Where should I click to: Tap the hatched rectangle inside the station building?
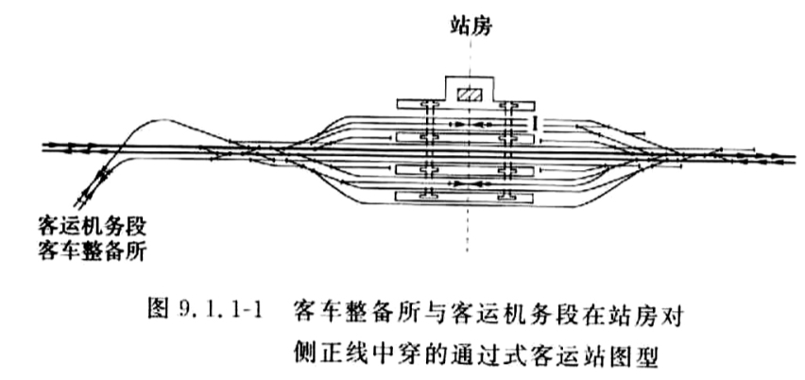pyautogui.click(x=470, y=95)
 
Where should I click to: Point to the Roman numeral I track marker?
pyautogui.click(x=536, y=122)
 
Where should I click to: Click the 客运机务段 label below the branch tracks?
pyautogui.click(x=93, y=227)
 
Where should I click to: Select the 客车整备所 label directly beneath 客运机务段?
pyautogui.click(x=93, y=250)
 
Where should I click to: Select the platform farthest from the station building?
pyautogui.click(x=464, y=197)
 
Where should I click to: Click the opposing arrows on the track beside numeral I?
pyautogui.click(x=466, y=124)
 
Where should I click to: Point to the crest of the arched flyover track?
pyautogui.click(x=156, y=120)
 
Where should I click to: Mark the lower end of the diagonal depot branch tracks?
pyautogui.click(x=79, y=204)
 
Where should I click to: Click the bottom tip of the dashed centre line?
pyautogui.click(x=468, y=251)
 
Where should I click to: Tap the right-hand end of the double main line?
pyautogui.click(x=796, y=159)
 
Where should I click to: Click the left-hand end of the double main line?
pyautogui.click(x=43, y=147)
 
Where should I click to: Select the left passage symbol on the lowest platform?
pyautogui.click(x=429, y=194)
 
